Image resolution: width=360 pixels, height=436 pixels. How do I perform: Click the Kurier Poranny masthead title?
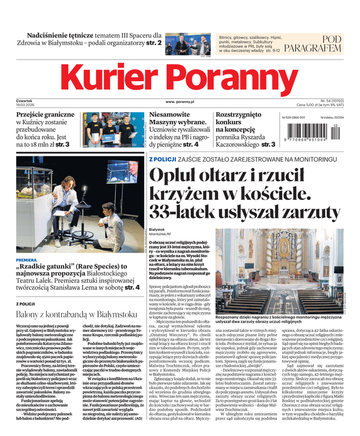[x=180, y=77]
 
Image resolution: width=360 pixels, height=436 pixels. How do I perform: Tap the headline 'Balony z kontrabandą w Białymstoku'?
[x=76, y=314]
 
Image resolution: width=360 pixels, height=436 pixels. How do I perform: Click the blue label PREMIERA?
[x=27, y=260]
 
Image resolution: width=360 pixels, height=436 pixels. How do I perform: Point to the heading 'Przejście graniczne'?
[x=45, y=116]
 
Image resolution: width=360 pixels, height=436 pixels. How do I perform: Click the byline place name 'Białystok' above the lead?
[x=157, y=230]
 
